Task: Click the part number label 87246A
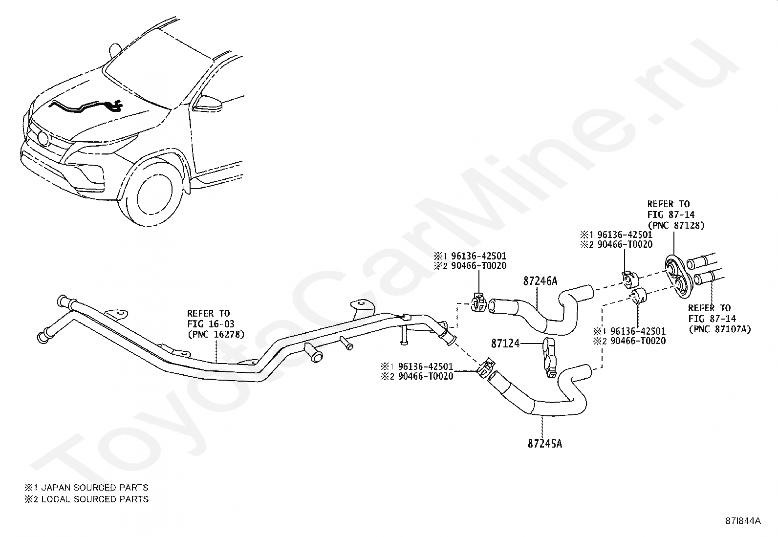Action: (x=540, y=281)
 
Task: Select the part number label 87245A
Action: (x=545, y=444)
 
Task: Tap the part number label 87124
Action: (x=505, y=344)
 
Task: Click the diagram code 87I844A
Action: (x=743, y=521)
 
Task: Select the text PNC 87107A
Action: (x=719, y=329)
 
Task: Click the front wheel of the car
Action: (x=155, y=193)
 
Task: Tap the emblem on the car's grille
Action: (x=43, y=138)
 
